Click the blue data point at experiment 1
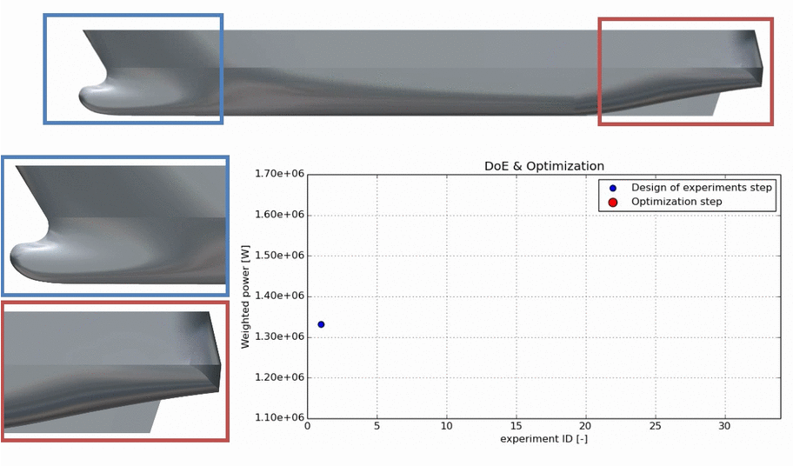tap(321, 324)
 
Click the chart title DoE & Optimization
tap(544, 166)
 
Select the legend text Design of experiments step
tap(702, 188)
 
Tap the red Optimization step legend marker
tap(612, 203)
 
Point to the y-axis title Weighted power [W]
tap(245, 296)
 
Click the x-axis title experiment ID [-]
tap(543, 439)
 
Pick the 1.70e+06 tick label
tap(280, 174)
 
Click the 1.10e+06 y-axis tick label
tap(280, 417)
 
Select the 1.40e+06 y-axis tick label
tap(280, 296)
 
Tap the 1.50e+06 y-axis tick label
tap(280, 256)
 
